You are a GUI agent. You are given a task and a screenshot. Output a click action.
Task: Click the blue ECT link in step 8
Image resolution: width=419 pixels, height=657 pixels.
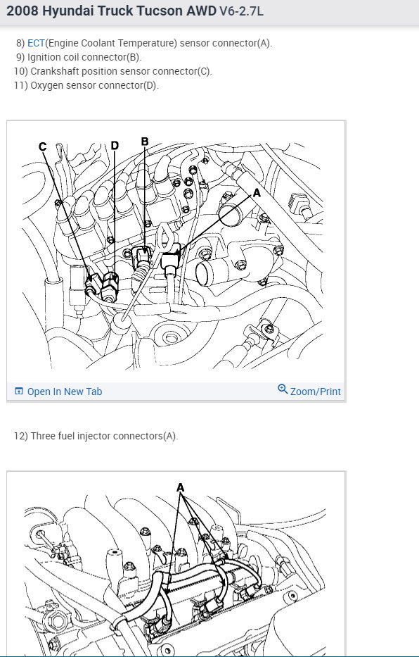pos(36,43)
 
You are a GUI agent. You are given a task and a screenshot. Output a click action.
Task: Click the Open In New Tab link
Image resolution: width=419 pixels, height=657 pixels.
pos(65,392)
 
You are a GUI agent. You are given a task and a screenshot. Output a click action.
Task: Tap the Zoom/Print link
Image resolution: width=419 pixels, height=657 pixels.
pos(315,392)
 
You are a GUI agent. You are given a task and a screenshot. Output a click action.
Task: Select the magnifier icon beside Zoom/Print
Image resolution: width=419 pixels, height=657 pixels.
pos(283,389)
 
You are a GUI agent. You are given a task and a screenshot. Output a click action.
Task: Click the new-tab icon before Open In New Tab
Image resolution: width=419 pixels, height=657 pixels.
pos(19,392)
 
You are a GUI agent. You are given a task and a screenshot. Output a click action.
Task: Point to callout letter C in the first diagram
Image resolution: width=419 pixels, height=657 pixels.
pos(42,146)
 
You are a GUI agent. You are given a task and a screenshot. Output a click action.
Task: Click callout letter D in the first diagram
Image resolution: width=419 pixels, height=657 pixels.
pos(115,145)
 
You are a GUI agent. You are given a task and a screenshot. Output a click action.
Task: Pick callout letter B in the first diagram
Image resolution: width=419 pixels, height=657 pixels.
pos(145,142)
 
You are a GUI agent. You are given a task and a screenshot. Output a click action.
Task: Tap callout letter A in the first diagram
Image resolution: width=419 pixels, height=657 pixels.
pos(257,193)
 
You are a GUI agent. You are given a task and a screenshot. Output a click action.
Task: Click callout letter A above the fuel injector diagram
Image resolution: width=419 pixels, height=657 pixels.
pos(180,488)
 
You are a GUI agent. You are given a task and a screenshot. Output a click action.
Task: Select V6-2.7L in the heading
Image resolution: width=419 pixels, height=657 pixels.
pos(241,11)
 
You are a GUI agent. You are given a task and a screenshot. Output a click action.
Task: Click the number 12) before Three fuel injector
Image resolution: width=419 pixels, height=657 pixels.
pos(20,436)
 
